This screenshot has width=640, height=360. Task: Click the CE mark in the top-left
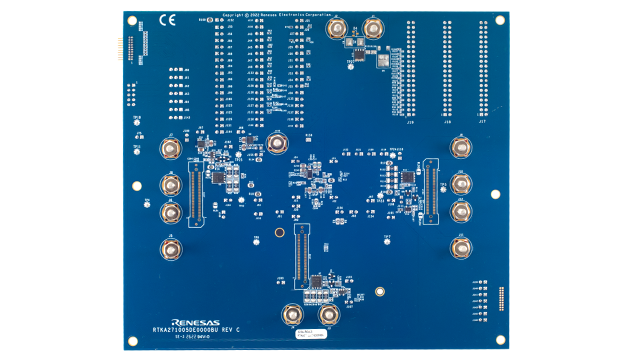167,20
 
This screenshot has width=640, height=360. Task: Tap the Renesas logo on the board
195,322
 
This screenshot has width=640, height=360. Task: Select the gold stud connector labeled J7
170,148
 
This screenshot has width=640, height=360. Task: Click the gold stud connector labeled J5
170,248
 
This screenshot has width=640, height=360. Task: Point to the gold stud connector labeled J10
460,184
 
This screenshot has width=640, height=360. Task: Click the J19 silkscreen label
410,122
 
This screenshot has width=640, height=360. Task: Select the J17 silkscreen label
482,121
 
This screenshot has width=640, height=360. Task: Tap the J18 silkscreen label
447,122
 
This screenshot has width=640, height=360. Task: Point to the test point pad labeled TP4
147,205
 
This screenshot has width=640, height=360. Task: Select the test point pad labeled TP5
443,189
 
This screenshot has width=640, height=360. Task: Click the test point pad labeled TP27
350,66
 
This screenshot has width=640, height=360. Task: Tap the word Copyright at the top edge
233,15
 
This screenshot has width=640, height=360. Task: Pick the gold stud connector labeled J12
460,211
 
